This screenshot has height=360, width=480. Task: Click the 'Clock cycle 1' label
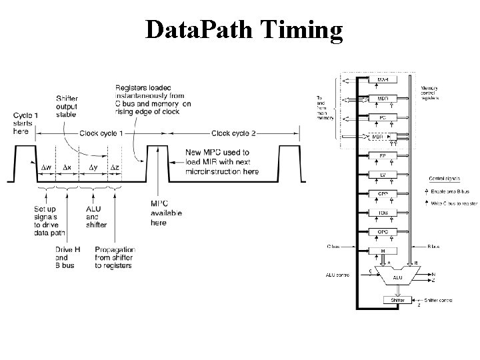[x=102, y=134]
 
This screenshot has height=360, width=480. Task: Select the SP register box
[x=383, y=156]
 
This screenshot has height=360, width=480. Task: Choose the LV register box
[x=383, y=175]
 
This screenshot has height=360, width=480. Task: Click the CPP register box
[x=383, y=194]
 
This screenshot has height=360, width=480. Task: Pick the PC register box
[x=383, y=117]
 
